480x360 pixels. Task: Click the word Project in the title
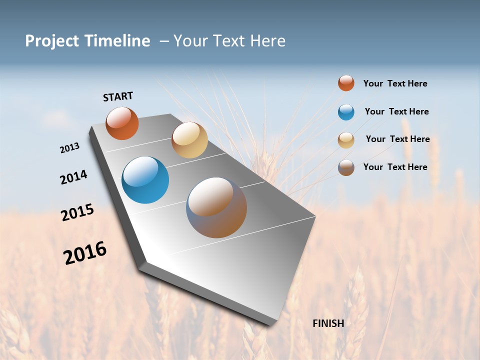coord(52,41)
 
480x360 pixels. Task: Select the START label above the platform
coord(118,96)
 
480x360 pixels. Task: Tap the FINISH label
coord(328,323)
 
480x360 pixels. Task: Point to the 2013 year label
coord(70,148)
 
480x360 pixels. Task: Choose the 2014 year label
coord(74,177)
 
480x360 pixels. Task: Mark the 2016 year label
coord(85,253)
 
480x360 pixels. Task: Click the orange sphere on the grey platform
coord(122,123)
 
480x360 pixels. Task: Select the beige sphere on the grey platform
coord(189,140)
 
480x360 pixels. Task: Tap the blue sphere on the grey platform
coord(145,180)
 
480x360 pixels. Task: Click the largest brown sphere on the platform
coord(216,207)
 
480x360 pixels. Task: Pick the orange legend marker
coord(346,83)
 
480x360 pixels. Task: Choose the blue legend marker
coord(346,112)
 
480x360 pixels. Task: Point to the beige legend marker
coord(346,140)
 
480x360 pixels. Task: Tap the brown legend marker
coord(346,167)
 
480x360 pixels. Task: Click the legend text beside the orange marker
coord(395,83)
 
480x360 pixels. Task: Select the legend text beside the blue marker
coord(396,111)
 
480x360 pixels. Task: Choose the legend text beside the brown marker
coord(395,167)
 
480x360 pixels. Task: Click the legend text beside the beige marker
coord(397,139)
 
